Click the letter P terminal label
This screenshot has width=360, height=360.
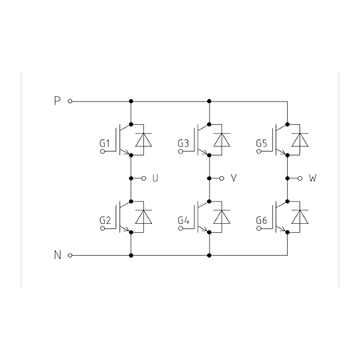coord(58,101)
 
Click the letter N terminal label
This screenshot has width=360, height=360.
coord(58,255)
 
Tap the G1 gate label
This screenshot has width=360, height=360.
coord(105,143)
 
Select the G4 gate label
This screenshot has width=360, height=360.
coord(183,221)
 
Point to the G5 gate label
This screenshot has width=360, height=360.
coord(262,143)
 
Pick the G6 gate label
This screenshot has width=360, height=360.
coord(262,221)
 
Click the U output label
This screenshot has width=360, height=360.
coord(155,178)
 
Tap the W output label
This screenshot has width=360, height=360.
coord(313,178)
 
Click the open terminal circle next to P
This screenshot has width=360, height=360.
coord(70,102)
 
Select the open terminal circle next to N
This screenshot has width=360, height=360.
coord(70,255)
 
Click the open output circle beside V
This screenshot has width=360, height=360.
coord(222,178)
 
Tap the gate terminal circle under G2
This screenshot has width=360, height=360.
coord(102,229)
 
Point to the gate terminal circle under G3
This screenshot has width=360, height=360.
coord(181,151)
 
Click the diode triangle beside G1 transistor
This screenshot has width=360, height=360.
coord(143,140)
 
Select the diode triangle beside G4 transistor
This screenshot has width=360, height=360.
coord(222,217)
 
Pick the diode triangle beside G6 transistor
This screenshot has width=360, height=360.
coord(300,217)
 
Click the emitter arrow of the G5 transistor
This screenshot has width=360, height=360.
coord(282,152)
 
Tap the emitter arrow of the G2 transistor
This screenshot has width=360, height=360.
coord(125,230)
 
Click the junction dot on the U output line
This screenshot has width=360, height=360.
coord(131,178)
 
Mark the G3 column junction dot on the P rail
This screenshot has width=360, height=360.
coord(210,102)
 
